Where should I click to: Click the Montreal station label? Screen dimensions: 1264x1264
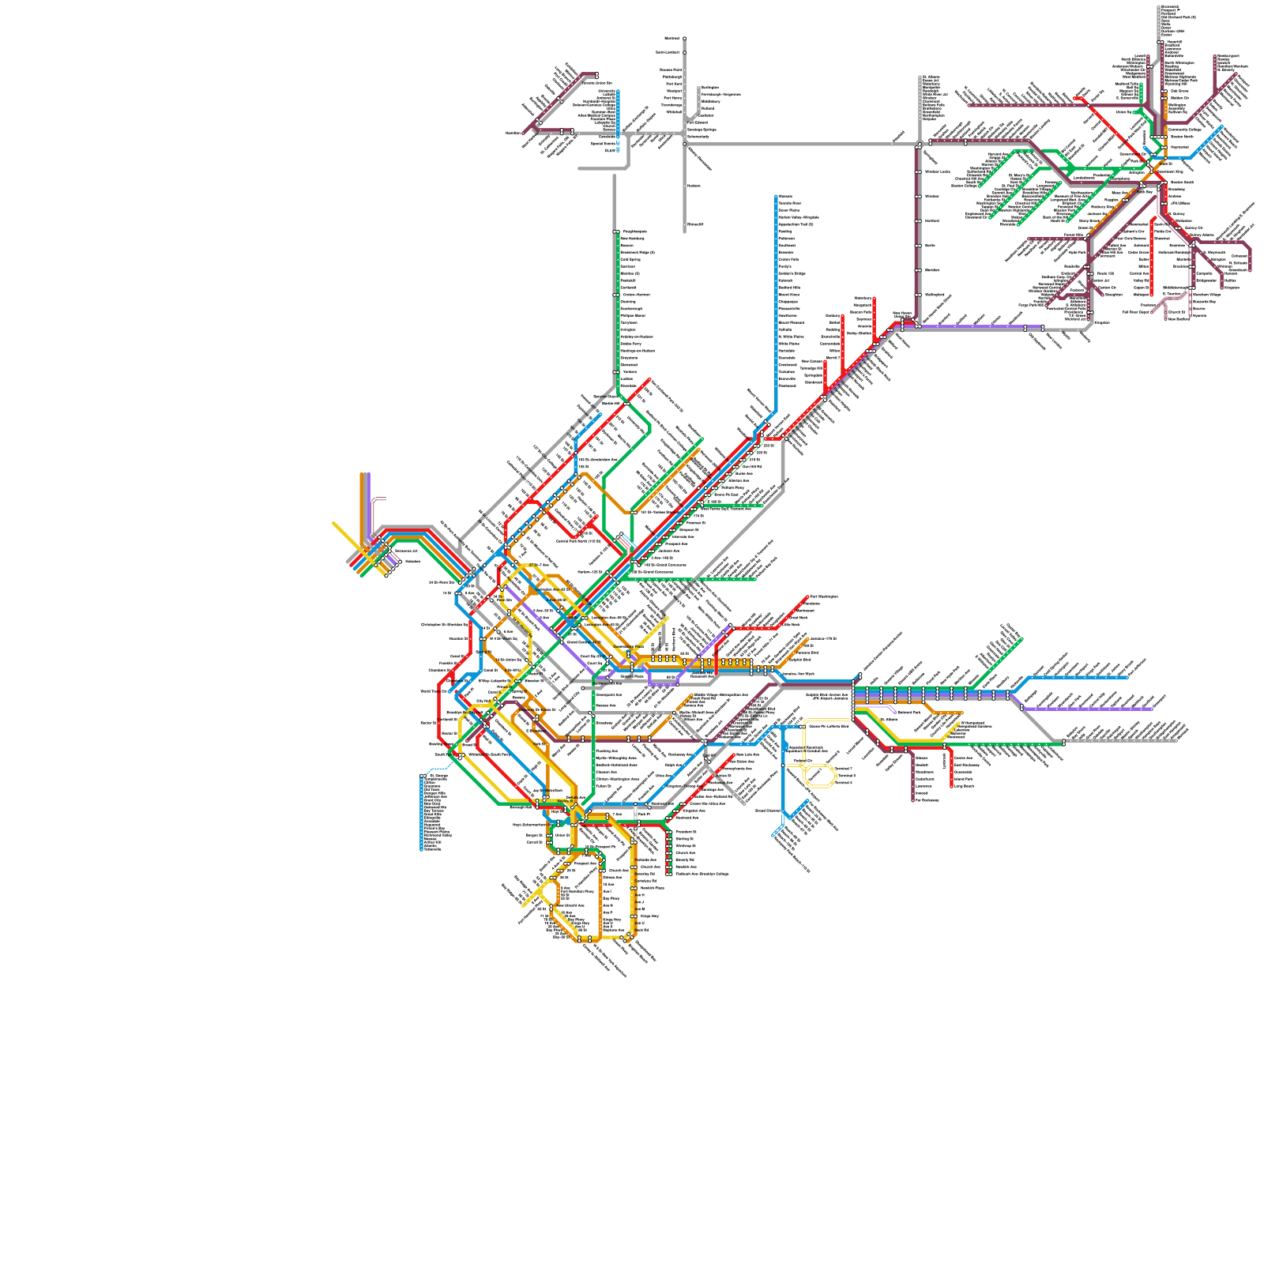point(672,38)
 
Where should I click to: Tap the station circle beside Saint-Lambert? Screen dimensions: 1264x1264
point(685,52)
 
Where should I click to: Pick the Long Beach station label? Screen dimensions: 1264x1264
point(964,786)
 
